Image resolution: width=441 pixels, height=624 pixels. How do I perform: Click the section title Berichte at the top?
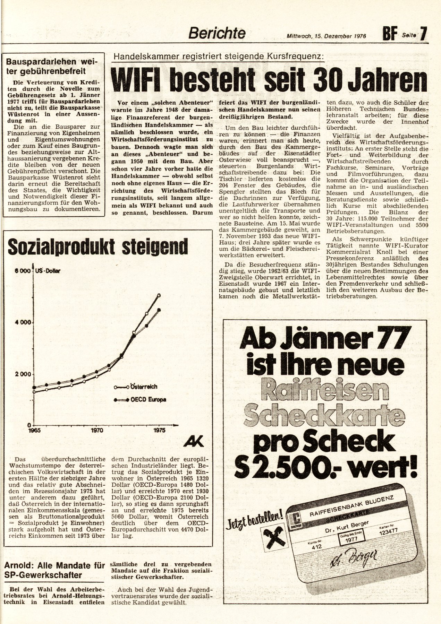[217, 33]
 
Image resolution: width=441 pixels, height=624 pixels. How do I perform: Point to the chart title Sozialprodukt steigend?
[97, 246]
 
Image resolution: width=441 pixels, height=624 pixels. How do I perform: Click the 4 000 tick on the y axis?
[23, 322]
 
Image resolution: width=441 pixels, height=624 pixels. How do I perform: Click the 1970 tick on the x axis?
[97, 431]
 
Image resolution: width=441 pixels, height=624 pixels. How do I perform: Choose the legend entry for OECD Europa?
[141, 400]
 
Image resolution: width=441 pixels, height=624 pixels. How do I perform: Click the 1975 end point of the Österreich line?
[159, 295]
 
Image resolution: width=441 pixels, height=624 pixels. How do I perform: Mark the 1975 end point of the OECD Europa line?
[159, 310]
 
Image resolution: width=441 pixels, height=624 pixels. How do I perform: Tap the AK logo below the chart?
[194, 441]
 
